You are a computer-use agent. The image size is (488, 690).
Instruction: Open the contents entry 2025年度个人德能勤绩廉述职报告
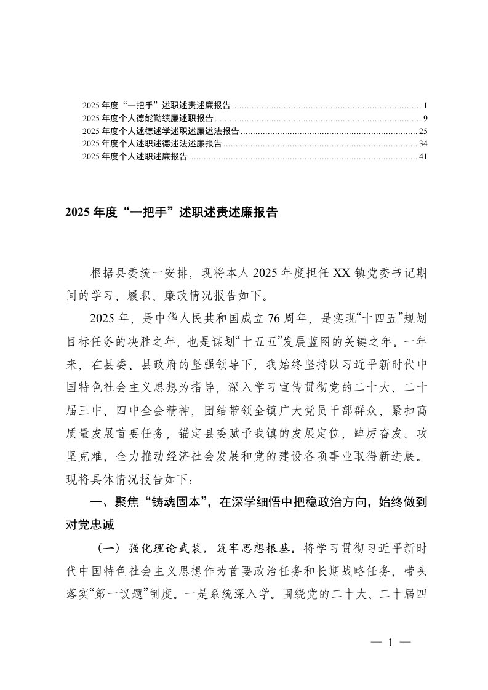pos(148,117)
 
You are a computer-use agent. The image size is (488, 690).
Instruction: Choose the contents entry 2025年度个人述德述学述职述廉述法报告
pos(161,131)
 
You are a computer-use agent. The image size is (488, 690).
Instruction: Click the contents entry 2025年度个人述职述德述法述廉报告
pos(152,144)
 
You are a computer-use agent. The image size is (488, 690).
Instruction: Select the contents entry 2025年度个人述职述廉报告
pos(135,157)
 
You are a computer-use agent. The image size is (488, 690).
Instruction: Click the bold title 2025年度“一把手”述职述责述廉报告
pos(172,213)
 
